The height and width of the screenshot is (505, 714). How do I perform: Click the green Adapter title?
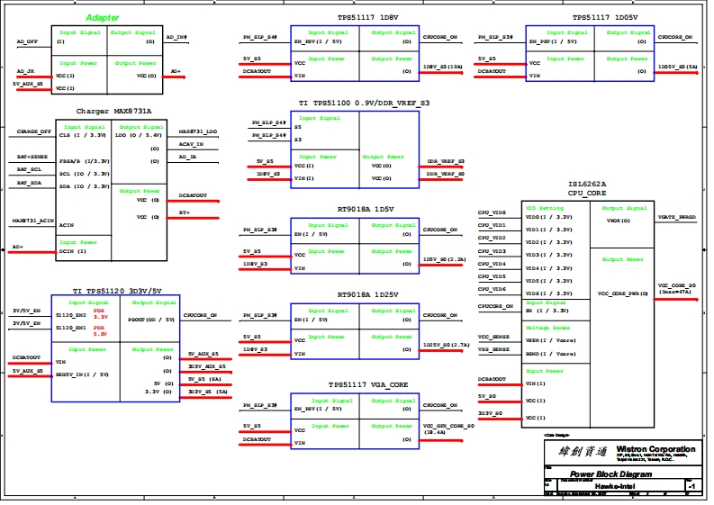pyautogui.click(x=102, y=18)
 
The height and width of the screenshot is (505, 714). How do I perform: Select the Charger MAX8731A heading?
pyautogui.click(x=113, y=111)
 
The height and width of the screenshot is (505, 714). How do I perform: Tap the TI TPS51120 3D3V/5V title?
pyautogui.click(x=118, y=290)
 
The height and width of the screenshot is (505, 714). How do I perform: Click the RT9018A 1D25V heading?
pyautogui.click(x=367, y=294)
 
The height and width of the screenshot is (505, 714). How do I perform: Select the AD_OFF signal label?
pyautogui.click(x=27, y=41)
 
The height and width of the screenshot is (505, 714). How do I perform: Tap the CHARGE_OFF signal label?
pyautogui.click(x=34, y=131)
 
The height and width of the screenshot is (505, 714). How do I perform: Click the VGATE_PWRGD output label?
pyautogui.click(x=677, y=217)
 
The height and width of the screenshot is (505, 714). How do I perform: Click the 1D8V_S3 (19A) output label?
pyautogui.click(x=443, y=68)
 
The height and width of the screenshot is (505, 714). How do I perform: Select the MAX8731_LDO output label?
pyautogui.click(x=198, y=131)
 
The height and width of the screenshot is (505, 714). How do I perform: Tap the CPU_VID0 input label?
pyautogui.click(x=492, y=212)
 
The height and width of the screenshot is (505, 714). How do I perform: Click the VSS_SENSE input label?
pyautogui.click(x=493, y=348)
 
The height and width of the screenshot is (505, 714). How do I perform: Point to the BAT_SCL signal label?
pyautogui.click(x=30, y=169)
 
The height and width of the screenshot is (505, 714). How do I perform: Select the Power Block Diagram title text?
pyautogui.click(x=610, y=473)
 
